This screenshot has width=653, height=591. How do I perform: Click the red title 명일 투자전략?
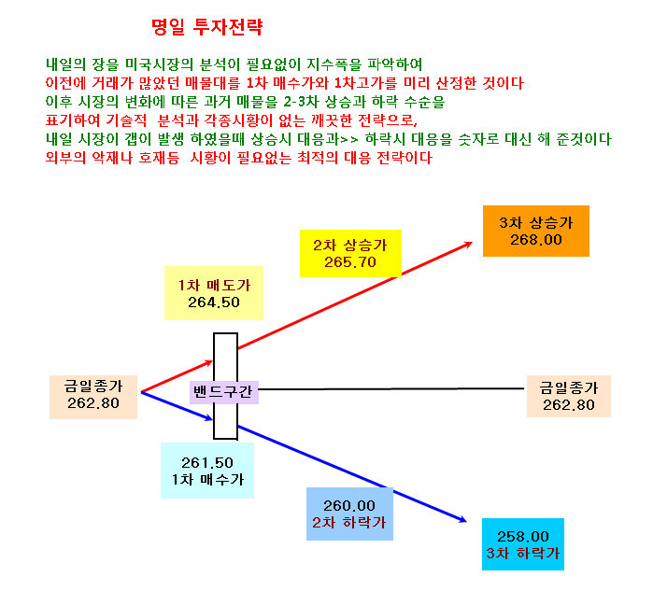(x=207, y=27)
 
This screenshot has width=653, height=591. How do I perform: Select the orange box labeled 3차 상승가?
(x=536, y=231)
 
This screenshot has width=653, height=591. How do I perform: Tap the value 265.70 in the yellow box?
(x=350, y=262)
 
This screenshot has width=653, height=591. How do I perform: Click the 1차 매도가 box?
(x=214, y=293)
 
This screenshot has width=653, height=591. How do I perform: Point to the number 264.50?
(x=214, y=303)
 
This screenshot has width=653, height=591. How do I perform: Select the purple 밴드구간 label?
(x=223, y=392)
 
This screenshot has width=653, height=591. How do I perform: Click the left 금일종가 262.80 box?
(x=93, y=397)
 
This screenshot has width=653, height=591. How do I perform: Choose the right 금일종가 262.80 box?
(x=569, y=396)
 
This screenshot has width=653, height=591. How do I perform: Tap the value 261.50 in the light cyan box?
(x=207, y=463)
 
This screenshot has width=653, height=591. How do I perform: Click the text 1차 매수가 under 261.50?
(x=207, y=480)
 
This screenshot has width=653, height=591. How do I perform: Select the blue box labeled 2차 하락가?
(x=349, y=514)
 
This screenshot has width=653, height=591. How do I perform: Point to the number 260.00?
(x=349, y=506)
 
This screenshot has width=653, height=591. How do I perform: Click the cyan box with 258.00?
(x=523, y=544)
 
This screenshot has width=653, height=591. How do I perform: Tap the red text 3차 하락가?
(x=523, y=553)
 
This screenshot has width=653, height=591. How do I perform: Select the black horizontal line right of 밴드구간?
(x=391, y=388)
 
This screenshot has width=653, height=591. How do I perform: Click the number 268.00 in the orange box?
(x=536, y=240)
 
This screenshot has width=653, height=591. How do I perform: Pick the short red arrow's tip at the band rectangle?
(x=213, y=361)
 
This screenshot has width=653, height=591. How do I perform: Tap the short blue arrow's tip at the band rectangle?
(x=213, y=419)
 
